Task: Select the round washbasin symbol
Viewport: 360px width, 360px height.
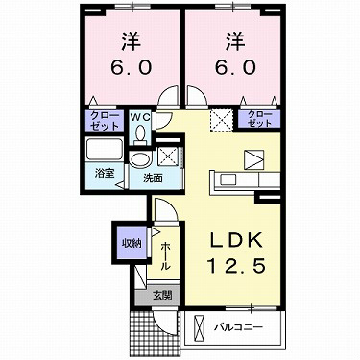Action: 140,158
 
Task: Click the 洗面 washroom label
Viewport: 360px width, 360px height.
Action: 152,178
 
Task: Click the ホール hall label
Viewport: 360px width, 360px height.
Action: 165,252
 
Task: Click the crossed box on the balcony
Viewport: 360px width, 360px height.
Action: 199,329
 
